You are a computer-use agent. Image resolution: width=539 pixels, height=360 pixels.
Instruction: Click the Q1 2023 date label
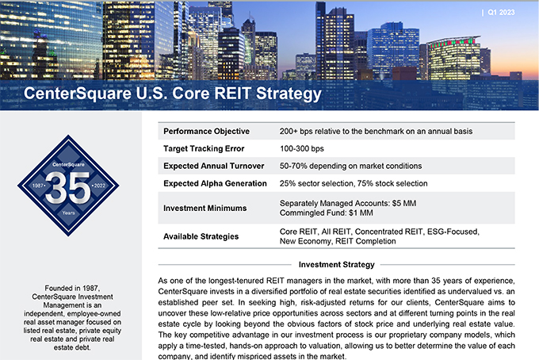coord(501,13)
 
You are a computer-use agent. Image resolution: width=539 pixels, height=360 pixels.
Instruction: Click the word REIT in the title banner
coord(233,94)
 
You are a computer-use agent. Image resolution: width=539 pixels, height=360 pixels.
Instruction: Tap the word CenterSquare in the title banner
coord(78,94)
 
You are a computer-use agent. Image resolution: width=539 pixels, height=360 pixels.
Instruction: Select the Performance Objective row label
coord(206,132)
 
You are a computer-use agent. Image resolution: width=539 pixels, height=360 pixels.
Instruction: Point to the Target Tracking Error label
coord(204,148)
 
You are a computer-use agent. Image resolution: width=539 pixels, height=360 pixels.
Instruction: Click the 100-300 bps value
coord(301,148)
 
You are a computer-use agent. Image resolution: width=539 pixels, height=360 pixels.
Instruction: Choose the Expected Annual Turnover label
coord(213,166)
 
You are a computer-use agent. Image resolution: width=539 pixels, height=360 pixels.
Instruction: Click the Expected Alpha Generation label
coord(215,183)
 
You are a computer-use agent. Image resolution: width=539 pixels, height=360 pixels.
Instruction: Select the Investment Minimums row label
coord(205,208)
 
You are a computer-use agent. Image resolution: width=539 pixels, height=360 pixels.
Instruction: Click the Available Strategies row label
coord(201,236)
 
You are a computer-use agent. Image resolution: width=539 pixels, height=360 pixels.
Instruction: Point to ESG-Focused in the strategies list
coord(453,232)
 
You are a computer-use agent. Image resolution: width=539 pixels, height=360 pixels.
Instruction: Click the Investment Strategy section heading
coord(337,265)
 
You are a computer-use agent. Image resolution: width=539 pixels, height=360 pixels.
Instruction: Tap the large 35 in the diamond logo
coord(68,187)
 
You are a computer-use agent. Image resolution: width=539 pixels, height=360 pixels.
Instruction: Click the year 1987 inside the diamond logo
coord(38,186)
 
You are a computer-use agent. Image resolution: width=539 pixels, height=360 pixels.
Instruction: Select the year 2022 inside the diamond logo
coord(100,186)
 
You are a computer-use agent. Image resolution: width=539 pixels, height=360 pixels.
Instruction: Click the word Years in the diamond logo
coord(68,213)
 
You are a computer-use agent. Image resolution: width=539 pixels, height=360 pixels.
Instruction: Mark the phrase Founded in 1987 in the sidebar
coord(72,288)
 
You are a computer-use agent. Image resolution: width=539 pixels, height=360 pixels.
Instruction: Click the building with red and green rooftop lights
coord(453,58)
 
